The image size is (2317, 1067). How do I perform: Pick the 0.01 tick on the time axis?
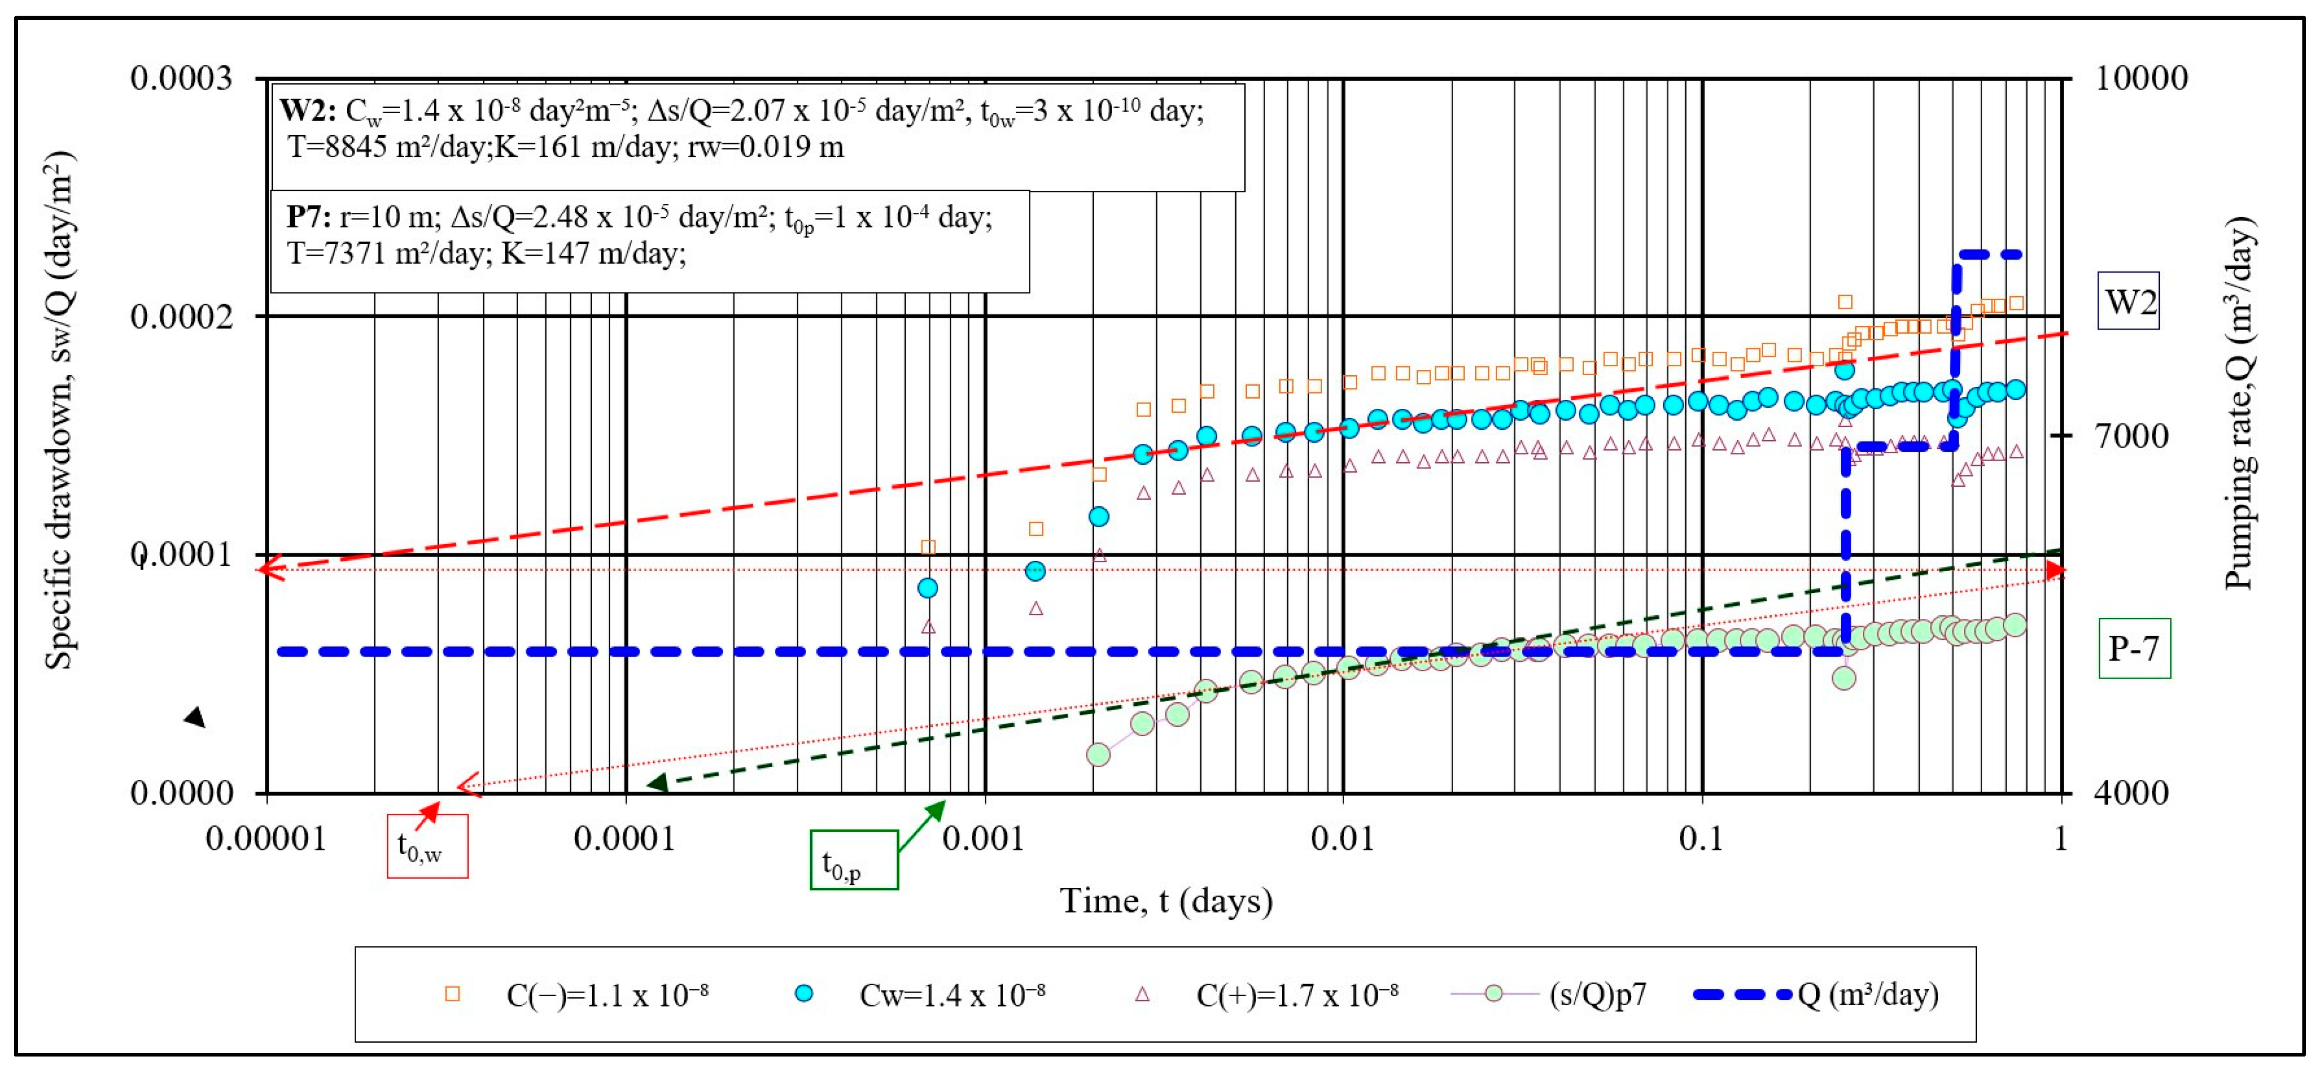click(x=1342, y=839)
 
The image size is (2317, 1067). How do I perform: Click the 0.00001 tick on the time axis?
click(x=266, y=839)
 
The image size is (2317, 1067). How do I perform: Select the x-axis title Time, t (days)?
click(x=1166, y=900)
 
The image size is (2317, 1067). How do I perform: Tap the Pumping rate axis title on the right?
click(x=2239, y=403)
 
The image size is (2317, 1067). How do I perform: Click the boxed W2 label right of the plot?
click(x=2129, y=301)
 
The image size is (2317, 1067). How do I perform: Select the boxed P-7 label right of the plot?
click(x=2134, y=648)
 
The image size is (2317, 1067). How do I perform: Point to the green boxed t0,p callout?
click(x=853, y=860)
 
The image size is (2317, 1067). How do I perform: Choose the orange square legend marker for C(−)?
click(x=453, y=994)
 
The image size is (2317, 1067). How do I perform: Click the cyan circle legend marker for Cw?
click(x=805, y=994)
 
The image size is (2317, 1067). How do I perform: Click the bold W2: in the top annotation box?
click(x=308, y=111)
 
